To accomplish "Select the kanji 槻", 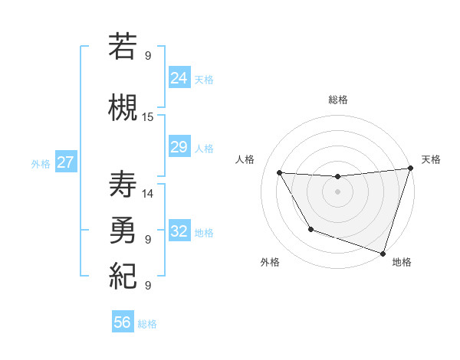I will pyautogui.click(x=123, y=106).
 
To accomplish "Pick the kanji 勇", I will pyautogui.click(x=123, y=230).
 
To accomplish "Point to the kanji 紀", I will pyautogui.click(x=123, y=274).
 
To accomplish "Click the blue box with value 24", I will pyautogui.click(x=179, y=78).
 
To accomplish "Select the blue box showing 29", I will pyautogui.click(x=179, y=148).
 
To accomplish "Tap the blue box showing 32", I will pyautogui.click(x=179, y=231).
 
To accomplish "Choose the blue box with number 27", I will pyautogui.click(x=65, y=162).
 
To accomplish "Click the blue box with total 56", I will pyautogui.click(x=123, y=322).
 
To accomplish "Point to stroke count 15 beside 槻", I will pyautogui.click(x=148, y=117).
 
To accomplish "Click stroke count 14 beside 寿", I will pyautogui.click(x=148, y=194).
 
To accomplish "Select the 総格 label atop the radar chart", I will pyautogui.click(x=338, y=100).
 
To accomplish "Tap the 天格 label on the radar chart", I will pyautogui.click(x=431, y=159).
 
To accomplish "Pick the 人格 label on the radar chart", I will pyautogui.click(x=245, y=159).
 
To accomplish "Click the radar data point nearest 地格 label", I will pyautogui.click(x=383, y=253).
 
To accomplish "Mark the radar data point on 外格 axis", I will pyautogui.click(x=310, y=229).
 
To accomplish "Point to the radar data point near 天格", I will pyautogui.click(x=410, y=169).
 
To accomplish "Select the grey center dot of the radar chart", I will pyautogui.click(x=337, y=191).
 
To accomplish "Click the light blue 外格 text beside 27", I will pyautogui.click(x=41, y=163).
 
